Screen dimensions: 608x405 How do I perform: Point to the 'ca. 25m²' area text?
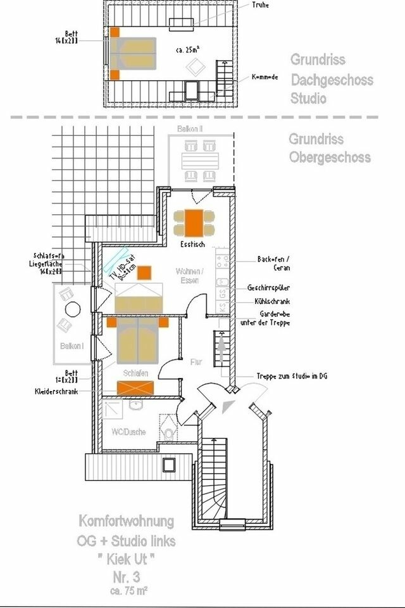pyautogui.click(x=189, y=48)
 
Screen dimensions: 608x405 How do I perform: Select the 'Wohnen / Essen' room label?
pyautogui.click(x=189, y=275)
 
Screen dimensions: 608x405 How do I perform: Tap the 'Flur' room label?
pyautogui.click(x=196, y=362)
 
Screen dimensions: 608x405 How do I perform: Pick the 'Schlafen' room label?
pyautogui.click(x=135, y=373)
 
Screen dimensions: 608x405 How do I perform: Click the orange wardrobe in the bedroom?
pyautogui.click(x=135, y=387)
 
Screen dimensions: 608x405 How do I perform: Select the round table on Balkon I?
pyautogui.click(x=73, y=310)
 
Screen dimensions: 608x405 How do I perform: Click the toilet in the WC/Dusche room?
pyautogui.click(x=168, y=434)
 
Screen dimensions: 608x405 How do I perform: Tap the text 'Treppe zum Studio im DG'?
pyautogui.click(x=292, y=375)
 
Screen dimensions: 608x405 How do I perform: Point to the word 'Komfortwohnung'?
pyautogui.click(x=126, y=522)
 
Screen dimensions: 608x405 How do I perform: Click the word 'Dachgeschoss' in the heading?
pyautogui.click(x=332, y=80)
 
